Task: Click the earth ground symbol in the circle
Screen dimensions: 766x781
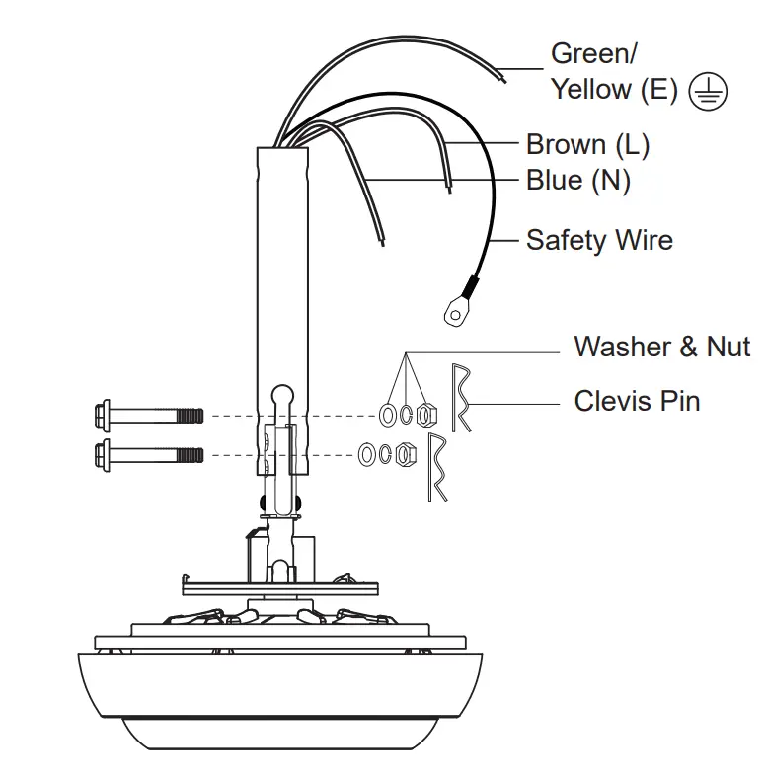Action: [x=708, y=92]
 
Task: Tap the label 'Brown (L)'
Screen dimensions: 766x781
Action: [x=587, y=144]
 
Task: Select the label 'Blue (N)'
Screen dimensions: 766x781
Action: [x=578, y=180]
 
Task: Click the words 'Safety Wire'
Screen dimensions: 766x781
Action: [x=599, y=240]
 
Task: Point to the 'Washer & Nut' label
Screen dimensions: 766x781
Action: [x=662, y=347]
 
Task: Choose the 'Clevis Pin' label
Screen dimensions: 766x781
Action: [x=637, y=401]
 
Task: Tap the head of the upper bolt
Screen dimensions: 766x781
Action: [x=103, y=416]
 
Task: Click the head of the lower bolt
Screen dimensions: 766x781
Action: [x=103, y=455]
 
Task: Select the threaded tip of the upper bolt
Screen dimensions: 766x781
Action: [x=190, y=416]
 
